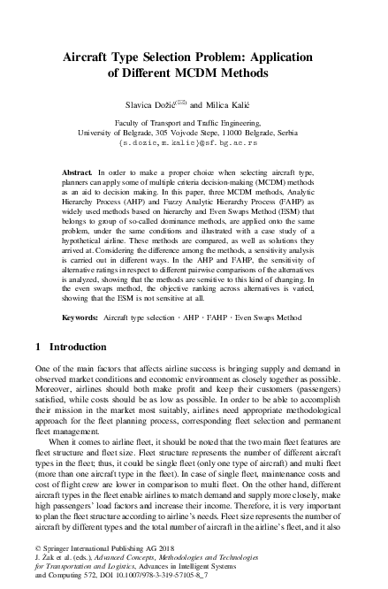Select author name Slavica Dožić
pyautogui.click(x=153, y=104)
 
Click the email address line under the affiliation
pyautogui.click(x=194, y=141)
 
